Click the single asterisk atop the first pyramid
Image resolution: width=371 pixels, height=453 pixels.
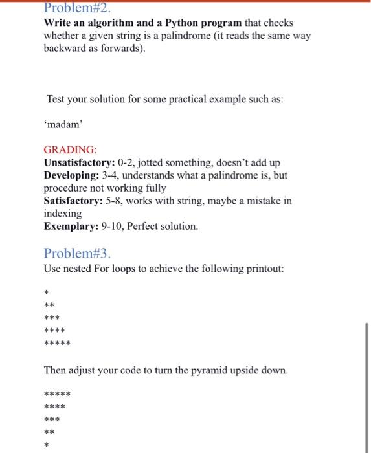point(46,292)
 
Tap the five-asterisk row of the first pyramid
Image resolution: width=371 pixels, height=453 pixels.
point(57,343)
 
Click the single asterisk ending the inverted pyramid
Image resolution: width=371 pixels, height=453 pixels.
point(46,445)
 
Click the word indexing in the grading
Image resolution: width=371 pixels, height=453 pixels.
point(63,213)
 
